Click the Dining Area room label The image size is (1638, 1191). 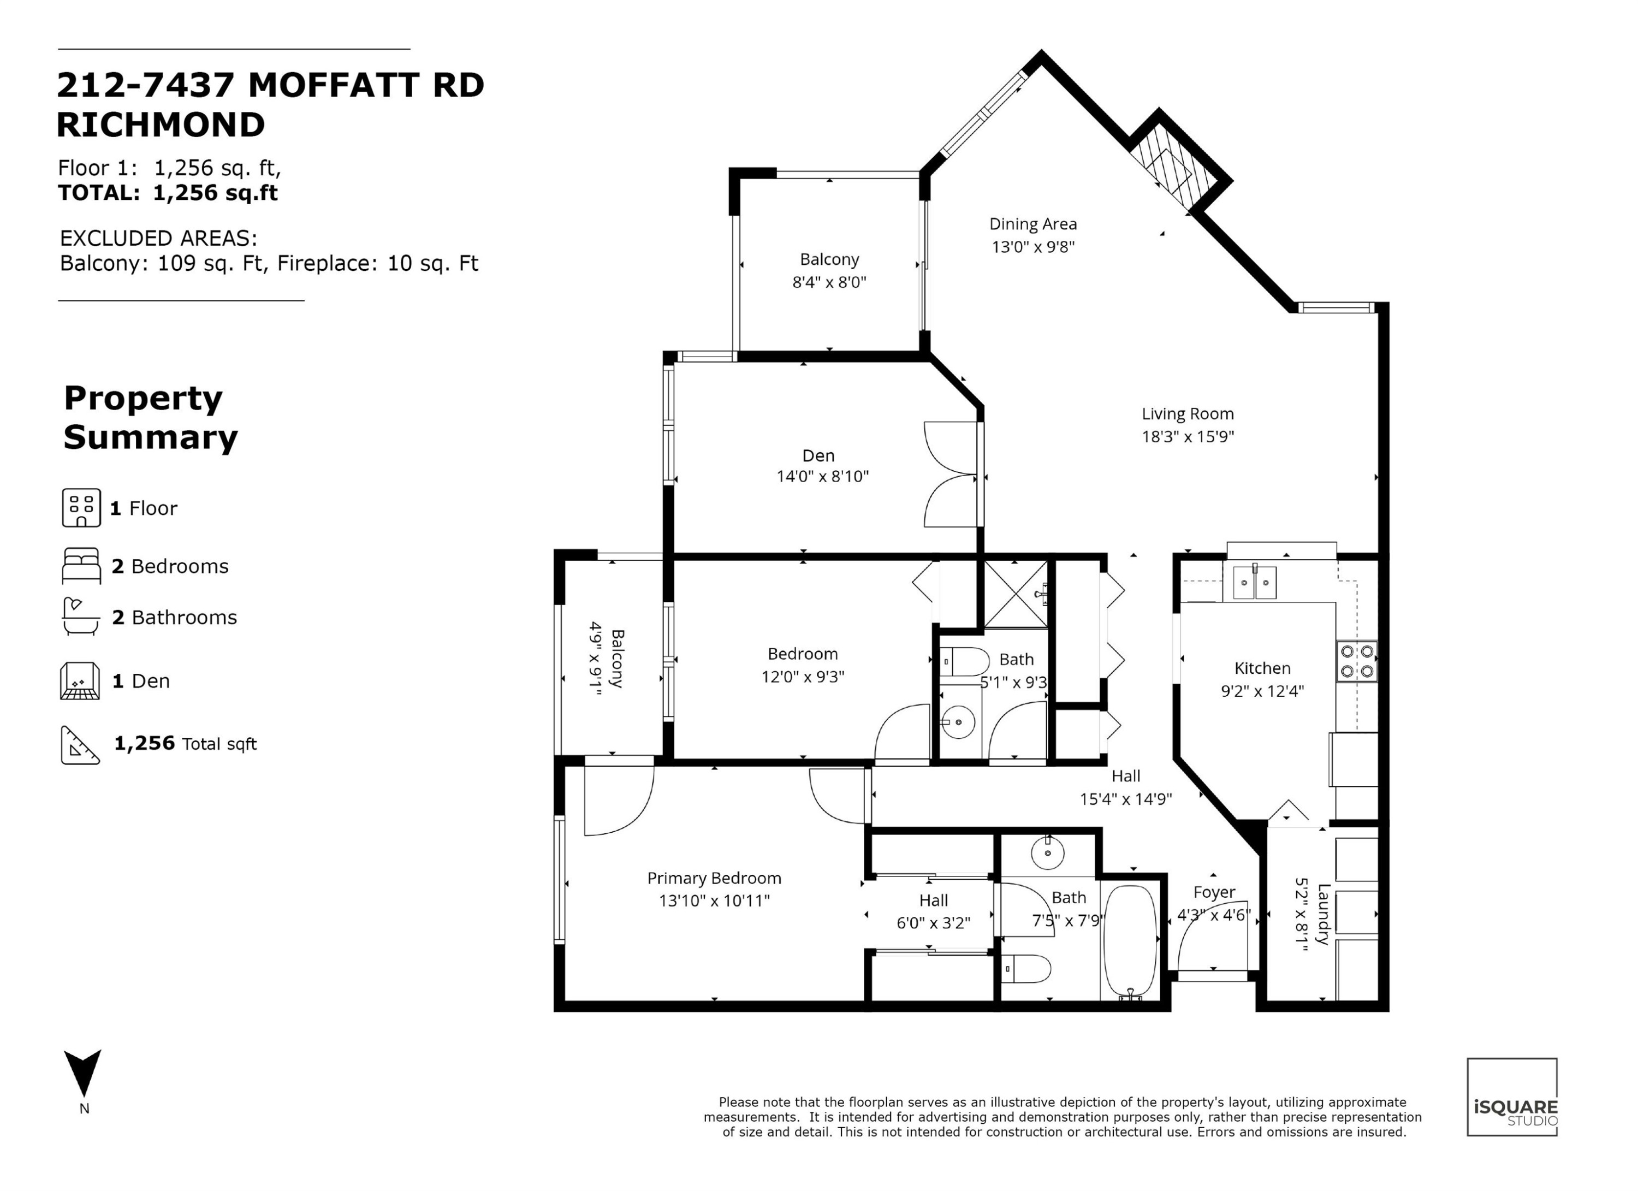coord(1033,224)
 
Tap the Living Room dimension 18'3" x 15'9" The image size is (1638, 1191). coord(1188,436)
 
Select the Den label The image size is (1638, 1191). coord(818,456)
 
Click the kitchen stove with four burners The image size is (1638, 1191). coord(1356,661)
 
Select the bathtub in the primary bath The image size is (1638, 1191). coord(1131,942)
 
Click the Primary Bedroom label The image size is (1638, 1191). coord(714,878)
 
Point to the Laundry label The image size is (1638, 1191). coord(1323,914)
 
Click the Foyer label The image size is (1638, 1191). coord(1214,893)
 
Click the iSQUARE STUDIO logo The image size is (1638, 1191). coord(1512,1097)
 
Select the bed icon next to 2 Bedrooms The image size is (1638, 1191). coord(81,566)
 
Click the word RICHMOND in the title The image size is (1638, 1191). coord(161,125)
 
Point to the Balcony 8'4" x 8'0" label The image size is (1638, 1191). coord(829,271)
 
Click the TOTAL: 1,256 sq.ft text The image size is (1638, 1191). coord(168,193)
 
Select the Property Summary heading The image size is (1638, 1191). coord(150,418)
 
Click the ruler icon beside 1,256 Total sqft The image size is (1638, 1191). coord(80,745)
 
